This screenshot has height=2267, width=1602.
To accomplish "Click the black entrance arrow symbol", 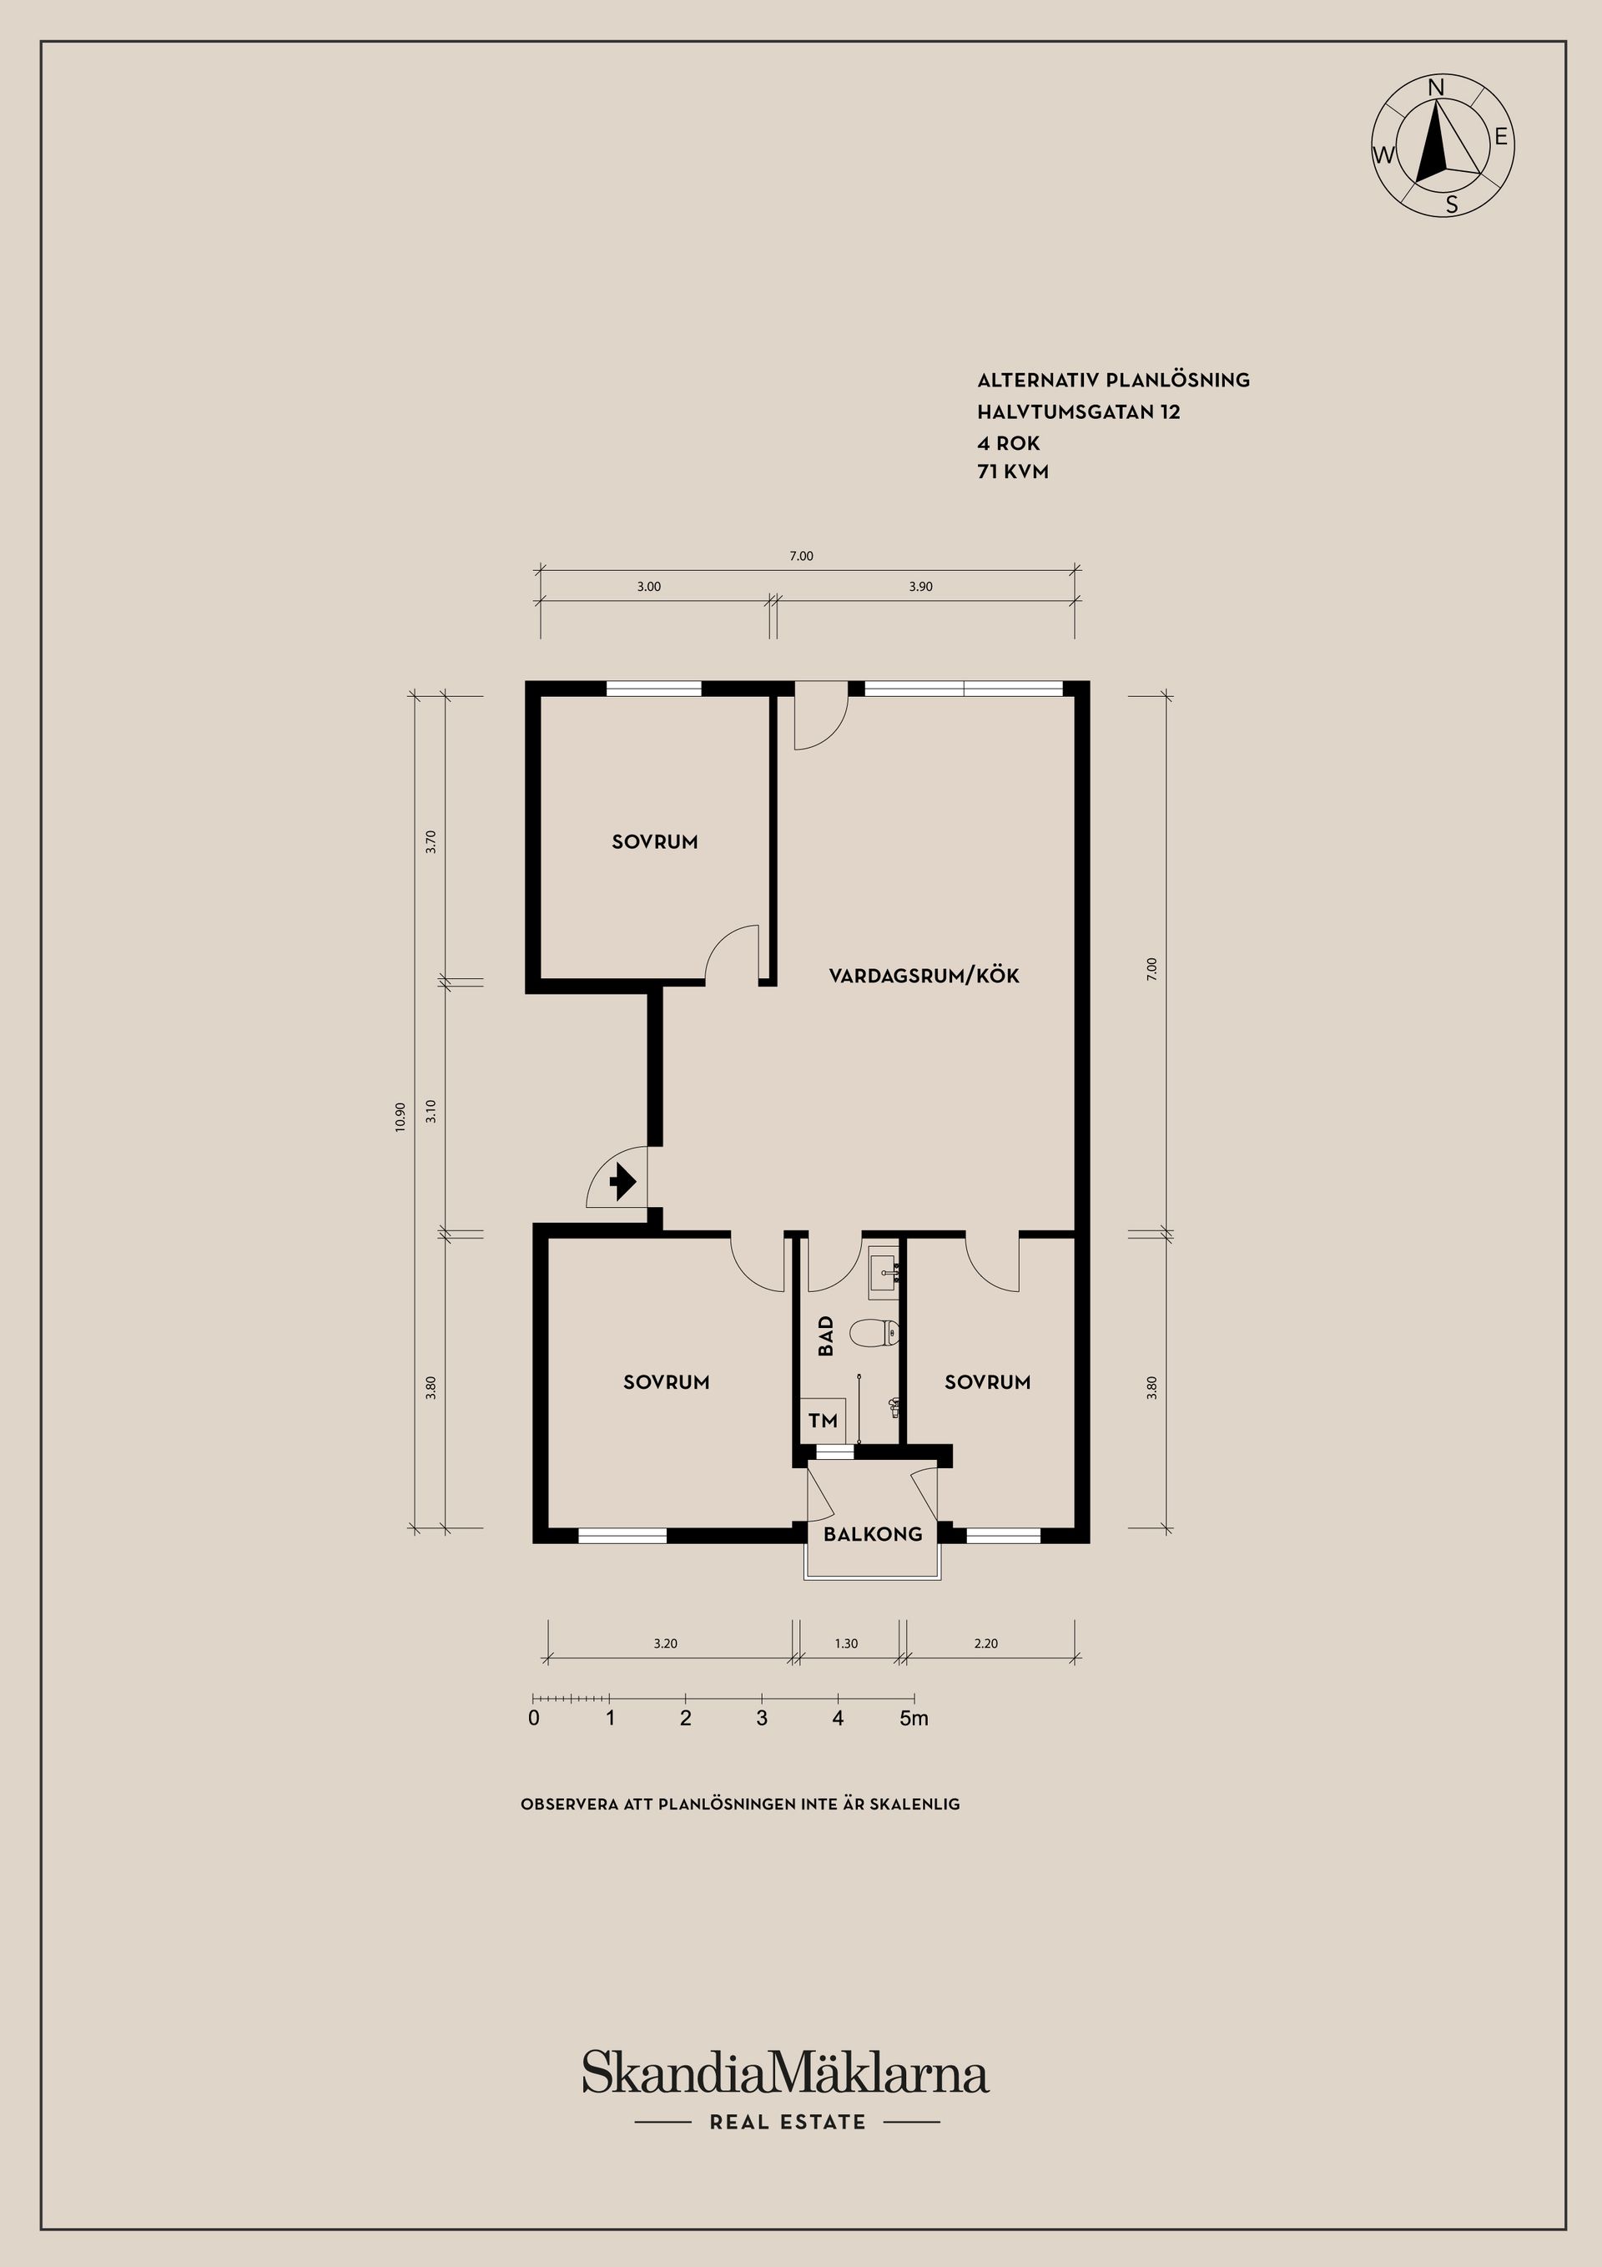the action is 622,1182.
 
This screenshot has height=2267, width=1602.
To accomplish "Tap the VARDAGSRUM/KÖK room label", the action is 924,975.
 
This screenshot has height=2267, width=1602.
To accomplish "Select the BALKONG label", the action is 873,1533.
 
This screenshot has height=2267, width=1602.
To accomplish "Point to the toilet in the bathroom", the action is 874,1334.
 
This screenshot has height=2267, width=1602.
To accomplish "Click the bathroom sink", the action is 884,1273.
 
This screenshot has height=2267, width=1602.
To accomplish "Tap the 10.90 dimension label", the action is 400,1117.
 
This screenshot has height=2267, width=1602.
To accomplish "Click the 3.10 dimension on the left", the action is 431,1112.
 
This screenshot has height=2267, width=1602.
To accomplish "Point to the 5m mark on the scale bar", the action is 914,1718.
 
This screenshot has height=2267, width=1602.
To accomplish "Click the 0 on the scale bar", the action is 534,1718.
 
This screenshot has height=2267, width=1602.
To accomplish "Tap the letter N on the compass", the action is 1437,88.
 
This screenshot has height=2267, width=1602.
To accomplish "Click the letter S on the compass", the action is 1451,204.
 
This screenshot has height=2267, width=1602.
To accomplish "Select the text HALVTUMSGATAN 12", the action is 1079,411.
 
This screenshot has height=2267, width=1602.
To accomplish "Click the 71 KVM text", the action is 1013,472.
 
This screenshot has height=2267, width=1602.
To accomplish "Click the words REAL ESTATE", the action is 788,2122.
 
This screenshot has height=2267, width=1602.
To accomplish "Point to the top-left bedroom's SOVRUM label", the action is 654,842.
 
